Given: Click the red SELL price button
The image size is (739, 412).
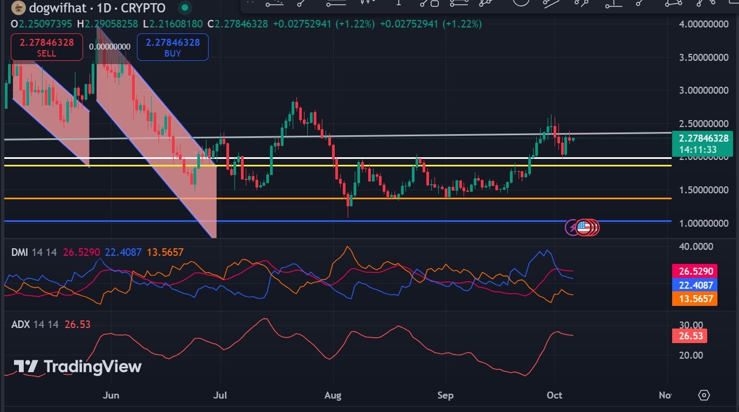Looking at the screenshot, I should coord(46,47).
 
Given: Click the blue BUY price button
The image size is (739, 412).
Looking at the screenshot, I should coord(172,47).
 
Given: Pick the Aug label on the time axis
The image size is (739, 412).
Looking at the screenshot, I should coord(333,395).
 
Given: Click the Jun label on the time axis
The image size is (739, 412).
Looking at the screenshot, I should coord(110,395).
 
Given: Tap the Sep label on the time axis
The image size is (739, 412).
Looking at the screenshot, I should coord(445,395).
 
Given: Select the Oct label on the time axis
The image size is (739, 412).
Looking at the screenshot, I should coord(555,395).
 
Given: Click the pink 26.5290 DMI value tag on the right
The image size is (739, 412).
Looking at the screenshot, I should coord(695,271).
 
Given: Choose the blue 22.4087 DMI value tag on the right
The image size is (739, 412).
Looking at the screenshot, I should coord(695,285).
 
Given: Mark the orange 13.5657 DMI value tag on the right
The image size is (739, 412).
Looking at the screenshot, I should coord(695,299).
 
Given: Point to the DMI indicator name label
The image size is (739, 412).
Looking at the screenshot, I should coord(20,252).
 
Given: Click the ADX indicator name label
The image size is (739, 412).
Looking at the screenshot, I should coord(21,324).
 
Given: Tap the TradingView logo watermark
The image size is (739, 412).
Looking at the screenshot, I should coord(78,367).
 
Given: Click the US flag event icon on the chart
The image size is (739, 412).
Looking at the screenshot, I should coord(583,227).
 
